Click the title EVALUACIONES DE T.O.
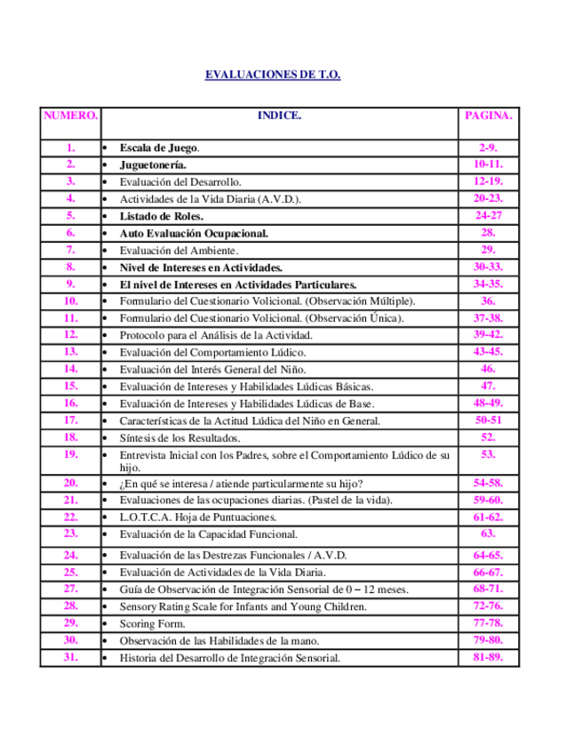(x=273, y=75)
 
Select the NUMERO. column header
(x=70, y=116)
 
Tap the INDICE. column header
(x=279, y=116)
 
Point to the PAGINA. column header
(x=488, y=116)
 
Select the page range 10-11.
(x=488, y=164)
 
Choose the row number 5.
(x=70, y=215)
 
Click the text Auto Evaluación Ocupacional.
(x=194, y=233)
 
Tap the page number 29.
(x=488, y=250)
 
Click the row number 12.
(x=70, y=334)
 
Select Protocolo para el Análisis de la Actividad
(x=228, y=335)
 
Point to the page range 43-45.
(x=488, y=351)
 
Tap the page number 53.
(x=488, y=454)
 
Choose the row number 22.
(x=70, y=517)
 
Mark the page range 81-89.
(x=488, y=657)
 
